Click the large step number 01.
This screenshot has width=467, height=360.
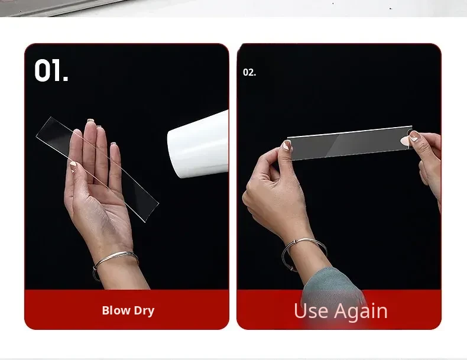pos(51,70)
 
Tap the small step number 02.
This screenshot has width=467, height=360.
pos(249,72)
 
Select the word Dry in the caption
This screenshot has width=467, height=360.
pos(144,310)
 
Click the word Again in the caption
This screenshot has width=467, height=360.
pos(361,312)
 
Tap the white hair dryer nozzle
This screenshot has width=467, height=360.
pos(198,144)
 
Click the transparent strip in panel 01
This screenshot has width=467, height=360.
pos(97,170)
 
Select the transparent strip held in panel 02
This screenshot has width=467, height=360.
pos(350,143)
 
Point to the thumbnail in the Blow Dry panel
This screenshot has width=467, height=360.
pos(73,167)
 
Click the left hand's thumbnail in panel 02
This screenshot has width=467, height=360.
pos(287,145)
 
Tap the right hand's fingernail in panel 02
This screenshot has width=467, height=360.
pos(414,137)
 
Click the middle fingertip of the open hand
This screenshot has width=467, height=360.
pos(90,123)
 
